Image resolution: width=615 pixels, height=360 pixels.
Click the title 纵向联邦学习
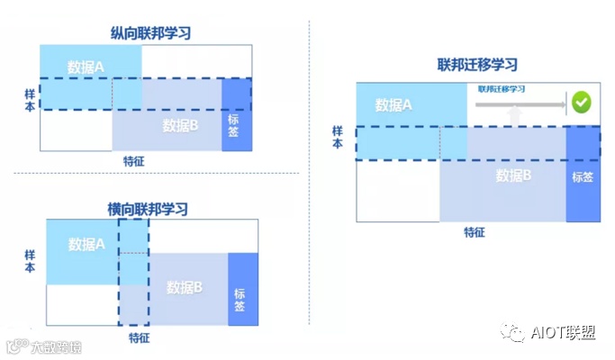(x=148, y=33)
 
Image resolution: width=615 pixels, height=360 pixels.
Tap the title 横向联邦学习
(x=148, y=209)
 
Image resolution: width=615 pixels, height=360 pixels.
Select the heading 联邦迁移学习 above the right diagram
(x=477, y=65)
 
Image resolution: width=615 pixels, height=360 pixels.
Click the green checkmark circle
(x=581, y=103)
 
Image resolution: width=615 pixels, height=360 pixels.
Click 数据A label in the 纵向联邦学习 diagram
(x=86, y=66)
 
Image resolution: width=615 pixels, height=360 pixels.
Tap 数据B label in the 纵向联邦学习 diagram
(x=180, y=124)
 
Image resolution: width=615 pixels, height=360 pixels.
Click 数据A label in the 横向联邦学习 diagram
(x=86, y=244)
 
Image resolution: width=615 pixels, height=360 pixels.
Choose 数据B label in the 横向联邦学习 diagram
(x=185, y=287)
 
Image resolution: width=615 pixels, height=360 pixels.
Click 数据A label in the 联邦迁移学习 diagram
(x=394, y=105)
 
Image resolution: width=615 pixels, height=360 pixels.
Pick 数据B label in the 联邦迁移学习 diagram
(x=513, y=175)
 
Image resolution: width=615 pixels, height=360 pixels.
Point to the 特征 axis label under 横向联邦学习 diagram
(x=139, y=337)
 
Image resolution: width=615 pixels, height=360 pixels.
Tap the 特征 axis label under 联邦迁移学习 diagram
(x=475, y=231)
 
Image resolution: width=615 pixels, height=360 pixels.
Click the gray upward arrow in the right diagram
(x=514, y=116)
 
